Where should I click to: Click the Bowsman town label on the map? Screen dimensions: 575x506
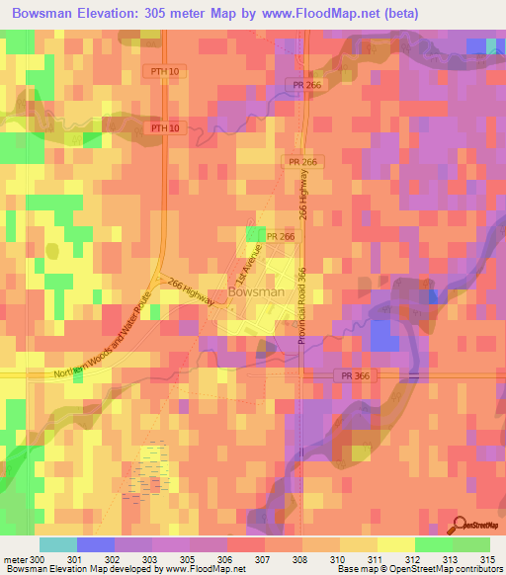coord(256,292)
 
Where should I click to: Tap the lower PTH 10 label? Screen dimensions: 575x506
coord(166,128)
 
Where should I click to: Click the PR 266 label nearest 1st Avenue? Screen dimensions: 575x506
coord(280,237)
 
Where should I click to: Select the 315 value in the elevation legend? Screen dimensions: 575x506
coord(485,561)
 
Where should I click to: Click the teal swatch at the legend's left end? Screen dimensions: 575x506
coord(57,544)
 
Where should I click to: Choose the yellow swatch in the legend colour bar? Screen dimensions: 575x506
coord(395,544)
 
